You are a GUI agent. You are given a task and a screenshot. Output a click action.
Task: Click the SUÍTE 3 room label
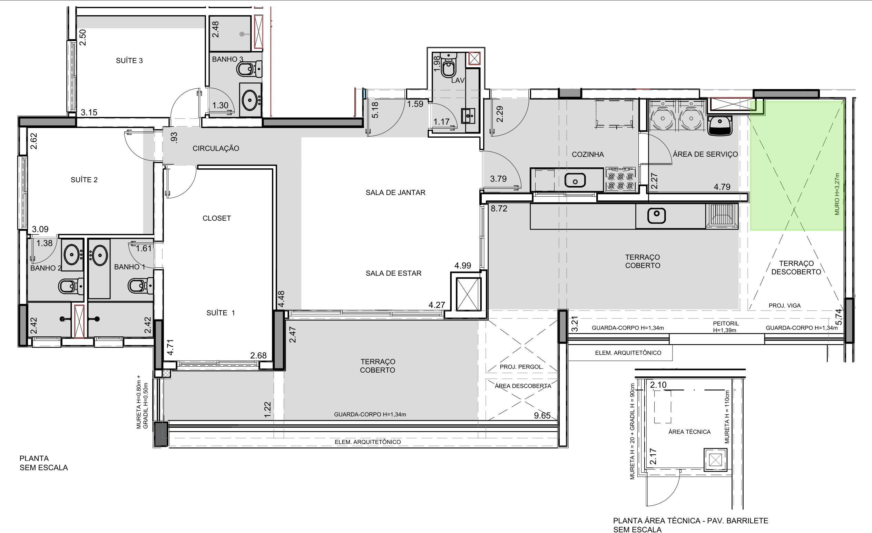[x=129, y=60]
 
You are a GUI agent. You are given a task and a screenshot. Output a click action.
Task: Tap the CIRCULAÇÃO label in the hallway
[x=216, y=148]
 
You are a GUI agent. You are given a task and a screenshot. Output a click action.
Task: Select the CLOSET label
[x=217, y=218]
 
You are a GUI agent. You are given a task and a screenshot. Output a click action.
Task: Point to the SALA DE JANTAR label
[x=395, y=193]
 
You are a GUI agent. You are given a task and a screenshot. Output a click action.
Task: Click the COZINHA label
[x=588, y=154]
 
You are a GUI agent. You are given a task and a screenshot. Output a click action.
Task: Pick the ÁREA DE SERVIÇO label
[x=705, y=154]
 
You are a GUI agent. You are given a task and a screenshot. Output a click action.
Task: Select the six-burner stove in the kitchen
[x=621, y=179]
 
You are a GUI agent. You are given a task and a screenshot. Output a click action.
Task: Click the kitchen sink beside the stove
[x=575, y=180]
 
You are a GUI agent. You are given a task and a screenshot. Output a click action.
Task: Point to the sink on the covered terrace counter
[x=656, y=215]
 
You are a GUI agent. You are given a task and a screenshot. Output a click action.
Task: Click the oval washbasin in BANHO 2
[x=72, y=254]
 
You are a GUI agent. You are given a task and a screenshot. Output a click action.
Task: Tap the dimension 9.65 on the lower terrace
[x=542, y=415]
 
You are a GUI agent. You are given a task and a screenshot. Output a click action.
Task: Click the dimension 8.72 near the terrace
[x=499, y=208]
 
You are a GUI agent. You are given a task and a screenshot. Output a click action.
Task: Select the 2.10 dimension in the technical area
[x=658, y=385]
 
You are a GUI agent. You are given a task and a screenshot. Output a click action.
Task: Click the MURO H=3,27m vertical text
[x=837, y=194]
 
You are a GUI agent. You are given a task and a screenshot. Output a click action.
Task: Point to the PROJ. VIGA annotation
[x=785, y=305]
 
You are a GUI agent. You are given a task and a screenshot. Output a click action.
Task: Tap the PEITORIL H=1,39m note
[x=726, y=327]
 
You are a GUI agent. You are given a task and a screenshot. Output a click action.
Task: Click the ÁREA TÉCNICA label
[x=689, y=432]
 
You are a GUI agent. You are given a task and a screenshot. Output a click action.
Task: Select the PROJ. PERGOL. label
[x=521, y=367]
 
